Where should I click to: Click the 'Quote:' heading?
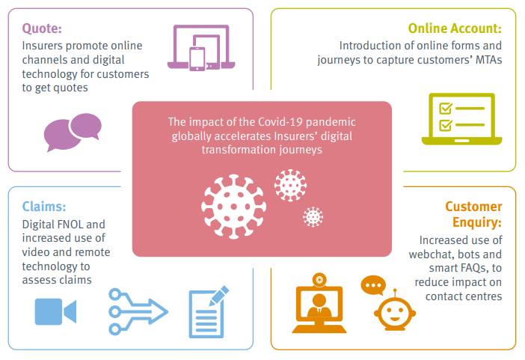[x=42, y=28]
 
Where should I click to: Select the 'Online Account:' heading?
[x=455, y=28]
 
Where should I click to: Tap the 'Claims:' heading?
[x=44, y=206]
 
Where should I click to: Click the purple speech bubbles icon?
[x=73, y=132]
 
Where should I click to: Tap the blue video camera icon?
[x=55, y=311]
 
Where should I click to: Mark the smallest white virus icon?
[x=313, y=217]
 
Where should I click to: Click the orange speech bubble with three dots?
[x=372, y=285]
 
